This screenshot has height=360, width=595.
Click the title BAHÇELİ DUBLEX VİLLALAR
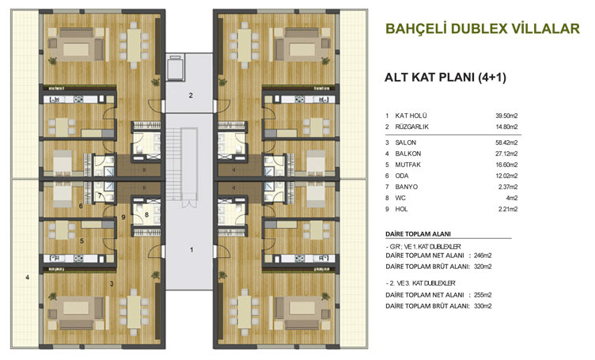[483, 28]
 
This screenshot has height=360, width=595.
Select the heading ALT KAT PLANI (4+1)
[445, 78]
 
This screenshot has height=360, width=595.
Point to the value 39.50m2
[506, 116]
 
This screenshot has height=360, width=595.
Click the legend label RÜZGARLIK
[412, 127]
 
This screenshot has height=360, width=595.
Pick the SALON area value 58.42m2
[506, 142]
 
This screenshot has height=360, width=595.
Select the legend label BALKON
[408, 153]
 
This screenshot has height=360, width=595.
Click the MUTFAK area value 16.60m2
[506, 165]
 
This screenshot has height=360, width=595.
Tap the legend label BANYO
[407, 187]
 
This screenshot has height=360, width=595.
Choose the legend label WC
[400, 198]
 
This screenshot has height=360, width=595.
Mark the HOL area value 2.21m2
[508, 209]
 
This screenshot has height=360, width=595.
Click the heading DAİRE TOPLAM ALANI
[419, 234]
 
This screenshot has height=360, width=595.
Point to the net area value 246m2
[483, 256]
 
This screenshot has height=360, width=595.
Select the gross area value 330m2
[483, 306]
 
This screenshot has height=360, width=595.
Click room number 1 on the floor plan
[191, 249]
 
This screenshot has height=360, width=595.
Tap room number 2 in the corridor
[191, 96]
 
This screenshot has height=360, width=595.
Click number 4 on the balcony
[28, 277]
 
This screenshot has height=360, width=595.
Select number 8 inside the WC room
[146, 214]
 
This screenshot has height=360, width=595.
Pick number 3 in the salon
[112, 283]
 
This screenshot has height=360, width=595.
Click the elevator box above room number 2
[176, 67]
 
